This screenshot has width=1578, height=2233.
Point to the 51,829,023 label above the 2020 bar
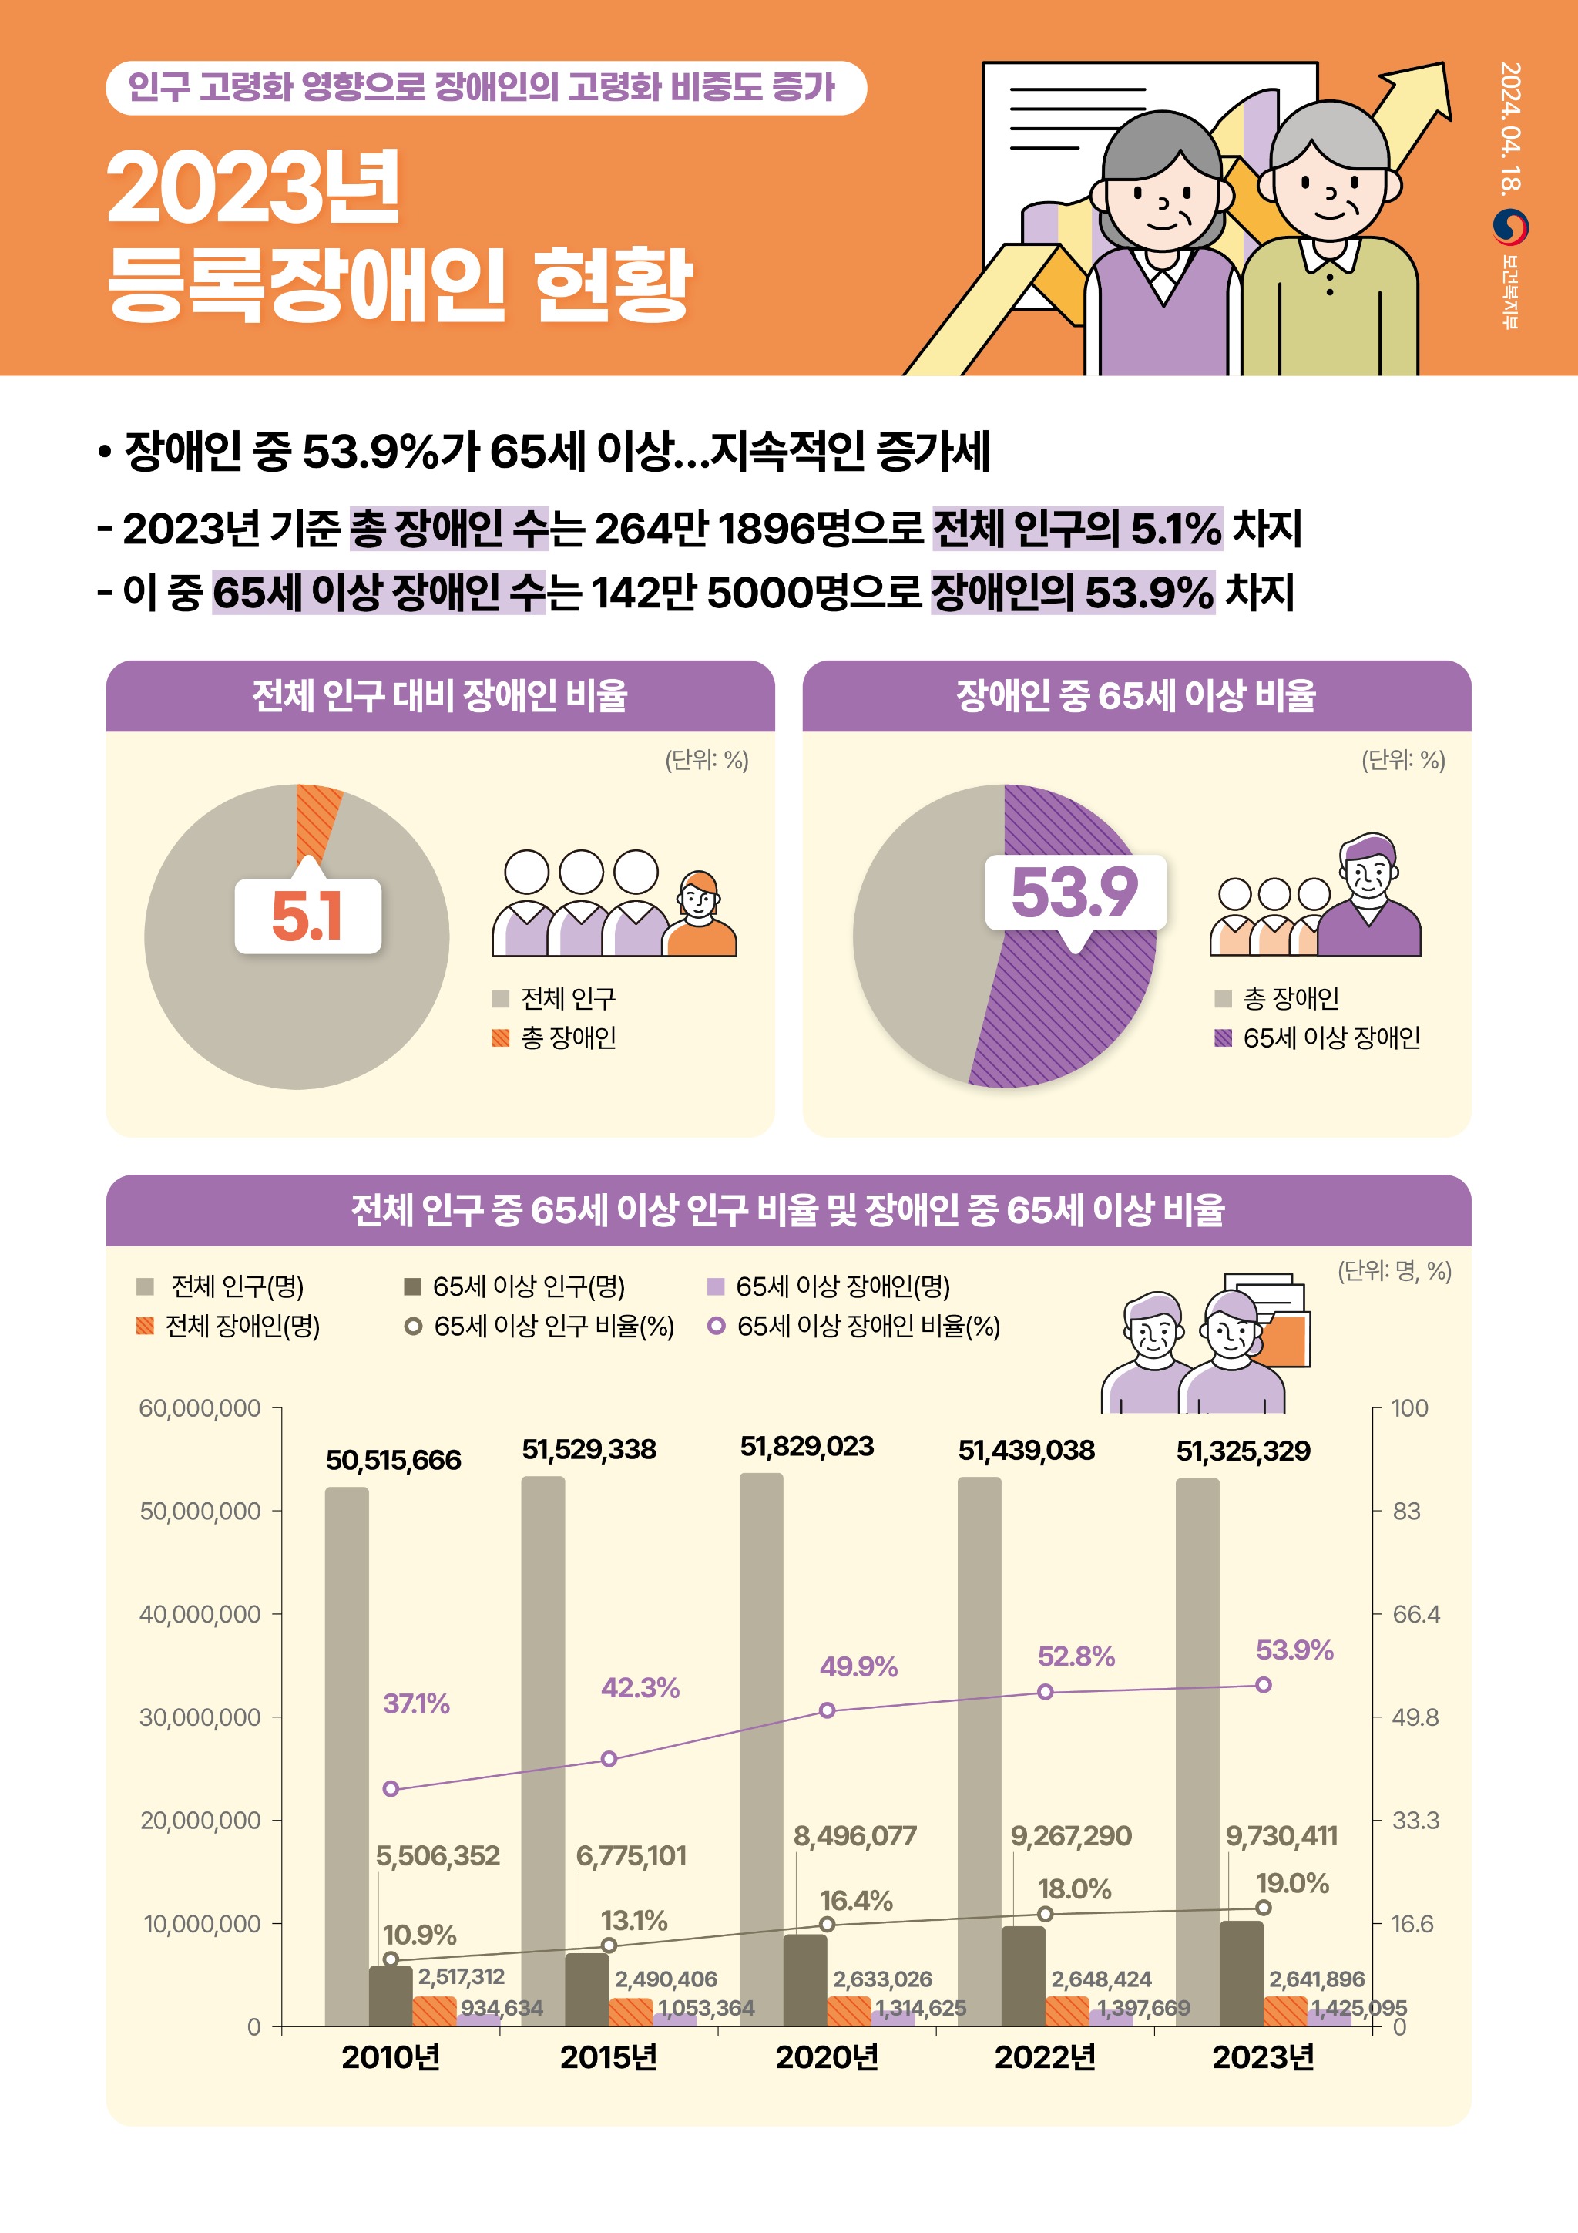806,1446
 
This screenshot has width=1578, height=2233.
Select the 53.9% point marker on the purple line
1263,1684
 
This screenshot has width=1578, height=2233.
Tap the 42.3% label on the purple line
640,1687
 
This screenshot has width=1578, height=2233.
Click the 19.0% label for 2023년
1291,1883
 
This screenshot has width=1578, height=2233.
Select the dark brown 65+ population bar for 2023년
1241,1973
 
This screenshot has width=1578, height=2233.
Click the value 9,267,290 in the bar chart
1070,1836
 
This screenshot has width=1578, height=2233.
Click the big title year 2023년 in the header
253,187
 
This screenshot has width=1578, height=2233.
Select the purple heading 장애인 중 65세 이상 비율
1136,695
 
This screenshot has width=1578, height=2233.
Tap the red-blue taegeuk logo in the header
1510,227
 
